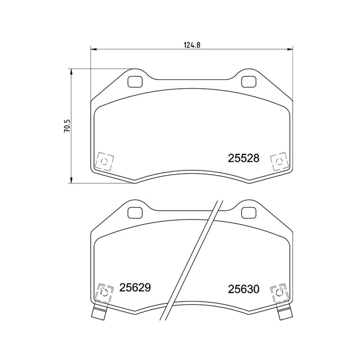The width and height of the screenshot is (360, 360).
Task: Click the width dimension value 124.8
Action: [x=192, y=45]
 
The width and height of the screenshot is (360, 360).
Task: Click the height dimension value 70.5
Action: [x=67, y=126]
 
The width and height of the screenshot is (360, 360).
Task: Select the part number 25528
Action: [x=243, y=158]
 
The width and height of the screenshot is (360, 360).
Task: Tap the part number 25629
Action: [x=135, y=288]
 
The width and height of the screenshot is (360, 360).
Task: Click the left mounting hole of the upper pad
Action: [x=135, y=81]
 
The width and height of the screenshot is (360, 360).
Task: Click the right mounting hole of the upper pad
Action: [x=248, y=81]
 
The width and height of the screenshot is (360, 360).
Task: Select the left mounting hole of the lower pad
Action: [x=135, y=212]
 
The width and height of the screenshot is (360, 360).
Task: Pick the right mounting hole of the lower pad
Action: [x=248, y=212]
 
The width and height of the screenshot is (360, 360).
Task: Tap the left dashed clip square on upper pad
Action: [x=104, y=162]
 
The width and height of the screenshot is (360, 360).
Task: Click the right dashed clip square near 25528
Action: [x=278, y=162]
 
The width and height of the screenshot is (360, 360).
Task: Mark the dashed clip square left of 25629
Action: [x=104, y=293]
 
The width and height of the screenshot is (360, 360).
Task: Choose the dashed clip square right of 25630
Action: [x=278, y=293]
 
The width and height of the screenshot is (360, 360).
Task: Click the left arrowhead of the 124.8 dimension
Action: [x=93, y=50]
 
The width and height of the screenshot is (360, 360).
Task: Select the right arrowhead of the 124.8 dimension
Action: [x=290, y=50]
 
